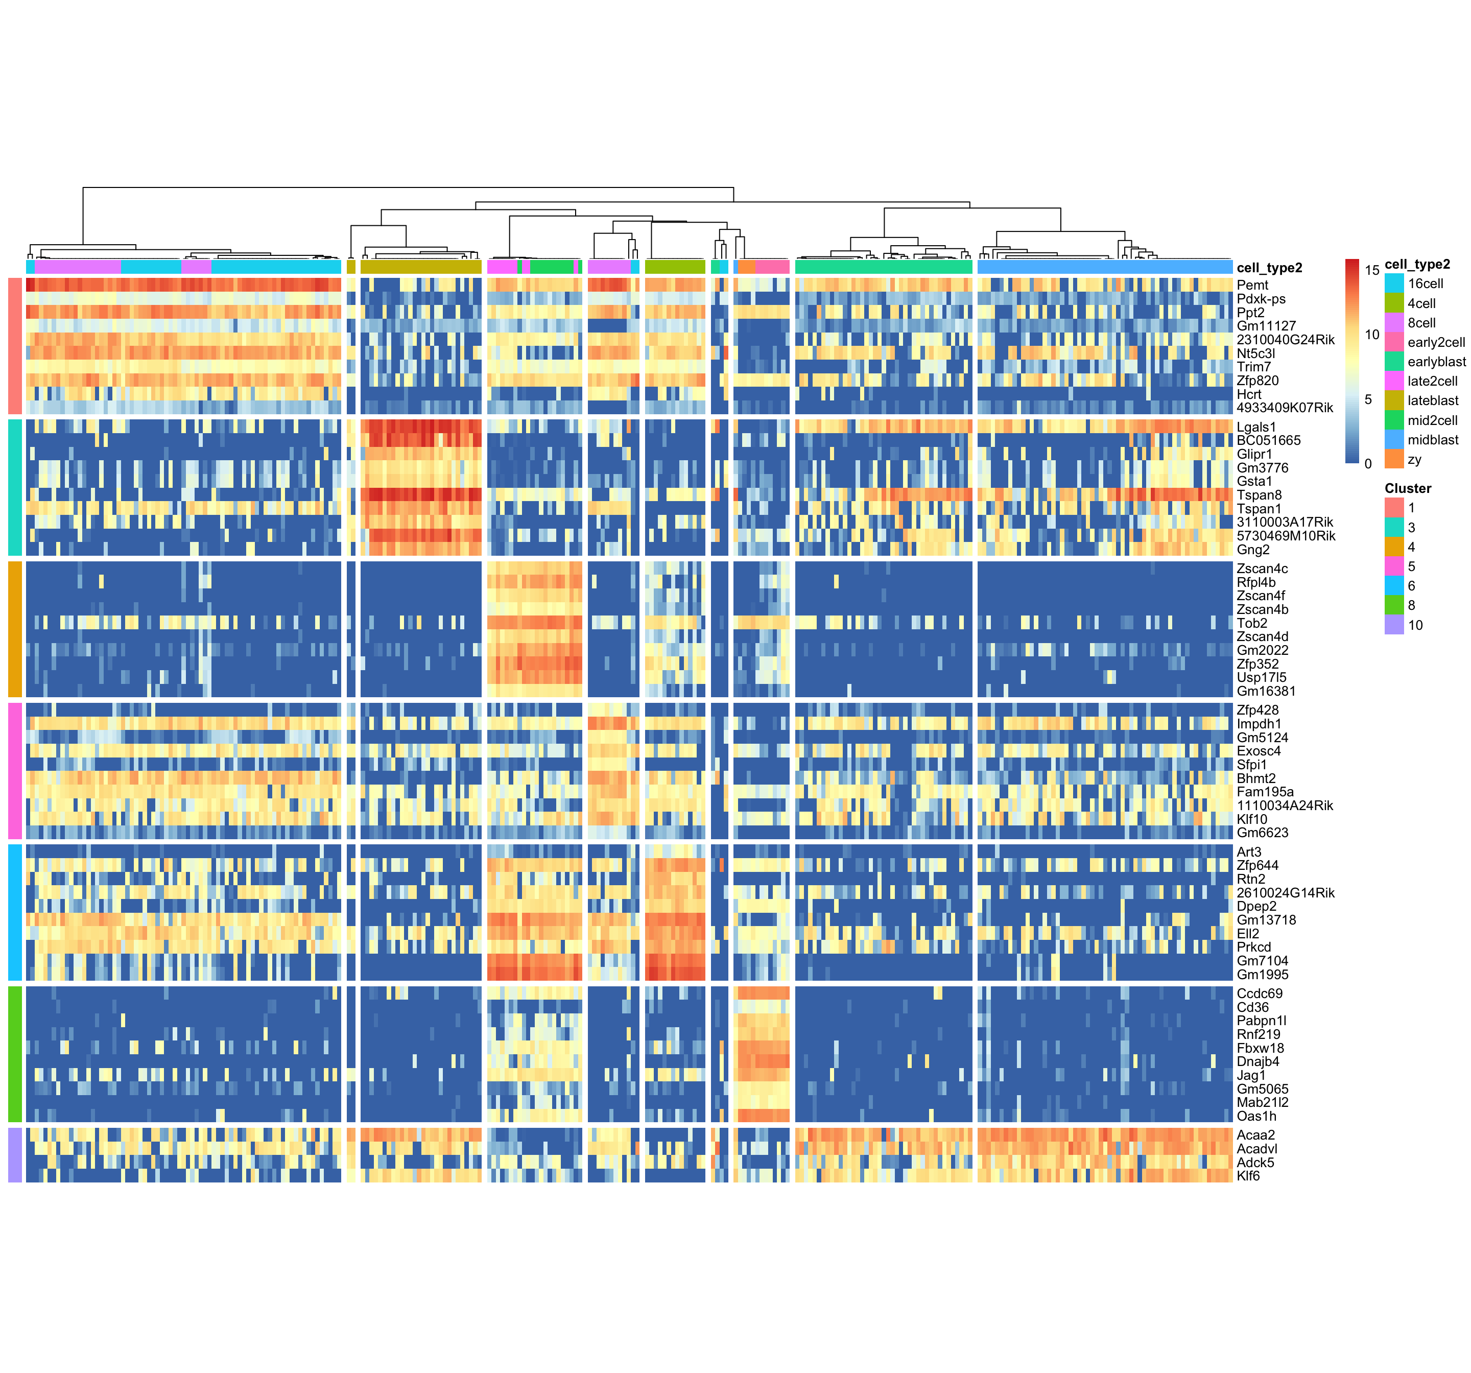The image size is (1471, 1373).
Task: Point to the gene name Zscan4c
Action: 1262,569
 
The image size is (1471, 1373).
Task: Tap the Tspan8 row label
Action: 1259,495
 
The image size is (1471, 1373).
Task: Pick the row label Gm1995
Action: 1262,975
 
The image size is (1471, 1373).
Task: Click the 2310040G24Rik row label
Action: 1285,340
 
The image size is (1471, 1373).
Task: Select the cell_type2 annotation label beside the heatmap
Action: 1269,268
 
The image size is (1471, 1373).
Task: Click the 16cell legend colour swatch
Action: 1394,283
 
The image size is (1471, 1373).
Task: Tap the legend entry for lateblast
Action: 1433,400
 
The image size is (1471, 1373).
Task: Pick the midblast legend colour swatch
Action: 1394,440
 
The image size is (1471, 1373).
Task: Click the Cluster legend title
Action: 1407,488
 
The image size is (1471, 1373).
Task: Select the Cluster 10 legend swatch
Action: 1394,625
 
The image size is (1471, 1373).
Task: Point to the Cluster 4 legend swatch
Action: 1394,547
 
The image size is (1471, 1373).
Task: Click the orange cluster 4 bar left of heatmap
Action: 15,629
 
